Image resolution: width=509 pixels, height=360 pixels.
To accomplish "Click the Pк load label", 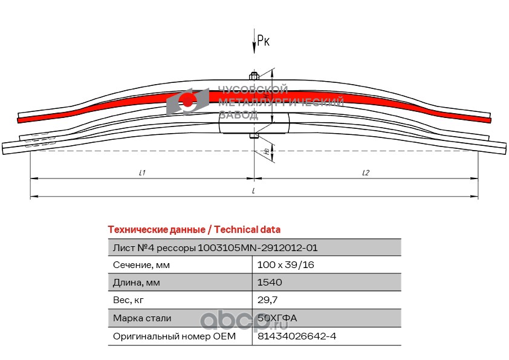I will pos(264,41).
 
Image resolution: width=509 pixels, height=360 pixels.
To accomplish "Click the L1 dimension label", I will pos(142,173).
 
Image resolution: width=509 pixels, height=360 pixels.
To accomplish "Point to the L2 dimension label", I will pos(365,173).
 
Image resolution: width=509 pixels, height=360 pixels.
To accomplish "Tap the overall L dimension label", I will pos(254,191).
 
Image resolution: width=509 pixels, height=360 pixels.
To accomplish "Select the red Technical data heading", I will pos(194,229).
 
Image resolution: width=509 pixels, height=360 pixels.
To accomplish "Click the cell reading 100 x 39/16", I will pos(285,265).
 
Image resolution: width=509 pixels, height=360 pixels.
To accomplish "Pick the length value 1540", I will pos(270,283).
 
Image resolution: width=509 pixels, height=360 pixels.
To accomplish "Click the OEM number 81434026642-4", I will pos(296,336).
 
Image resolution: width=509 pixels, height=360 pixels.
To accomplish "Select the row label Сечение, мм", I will pos(141,265).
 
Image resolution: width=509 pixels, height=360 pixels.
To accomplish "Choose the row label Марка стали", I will pos(142,318).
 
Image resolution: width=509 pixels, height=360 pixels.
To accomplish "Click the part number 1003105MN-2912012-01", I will pos(258,247).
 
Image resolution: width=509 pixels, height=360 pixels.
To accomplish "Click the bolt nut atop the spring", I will pos(254,76).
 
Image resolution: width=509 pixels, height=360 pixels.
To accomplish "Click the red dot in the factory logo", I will pos(188,102).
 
